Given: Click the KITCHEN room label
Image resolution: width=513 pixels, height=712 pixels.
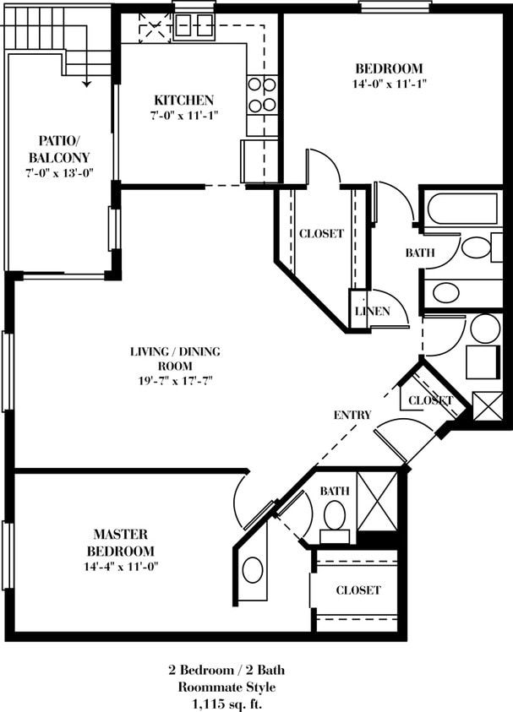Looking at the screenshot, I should point(183,100).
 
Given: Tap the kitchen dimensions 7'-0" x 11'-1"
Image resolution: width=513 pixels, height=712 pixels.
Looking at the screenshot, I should point(183,116).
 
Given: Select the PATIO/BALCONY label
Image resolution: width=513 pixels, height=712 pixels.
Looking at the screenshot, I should point(58,149).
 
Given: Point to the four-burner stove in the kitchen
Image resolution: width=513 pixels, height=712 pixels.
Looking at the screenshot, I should point(262,95).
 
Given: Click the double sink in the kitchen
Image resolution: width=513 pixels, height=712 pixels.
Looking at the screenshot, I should point(194,22).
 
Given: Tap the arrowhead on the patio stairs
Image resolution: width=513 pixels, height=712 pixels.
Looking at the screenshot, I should point(86,83).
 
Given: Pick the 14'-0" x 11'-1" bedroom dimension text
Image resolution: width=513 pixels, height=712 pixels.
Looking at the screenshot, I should point(389,84).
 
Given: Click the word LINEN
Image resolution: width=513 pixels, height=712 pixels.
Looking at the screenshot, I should point(372,311).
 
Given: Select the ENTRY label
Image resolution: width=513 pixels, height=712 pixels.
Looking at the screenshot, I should point(352,415).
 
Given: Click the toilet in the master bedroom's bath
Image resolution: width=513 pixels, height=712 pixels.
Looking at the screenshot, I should point(335,514).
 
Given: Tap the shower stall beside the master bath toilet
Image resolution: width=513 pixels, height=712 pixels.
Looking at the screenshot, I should point(377,501).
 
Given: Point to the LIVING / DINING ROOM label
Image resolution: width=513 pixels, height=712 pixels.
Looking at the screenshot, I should point(170,358).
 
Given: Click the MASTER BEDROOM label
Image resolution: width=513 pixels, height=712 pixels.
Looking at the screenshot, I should point(121,542).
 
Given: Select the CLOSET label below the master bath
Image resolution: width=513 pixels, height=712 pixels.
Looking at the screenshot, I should point(358,590).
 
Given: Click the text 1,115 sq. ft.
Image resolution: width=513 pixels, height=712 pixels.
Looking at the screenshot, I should point(226,702).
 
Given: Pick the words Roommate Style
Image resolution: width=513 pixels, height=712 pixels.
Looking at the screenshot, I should point(226,686).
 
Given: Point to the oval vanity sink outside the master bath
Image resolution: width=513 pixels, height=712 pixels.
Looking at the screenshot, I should point(252,569).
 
